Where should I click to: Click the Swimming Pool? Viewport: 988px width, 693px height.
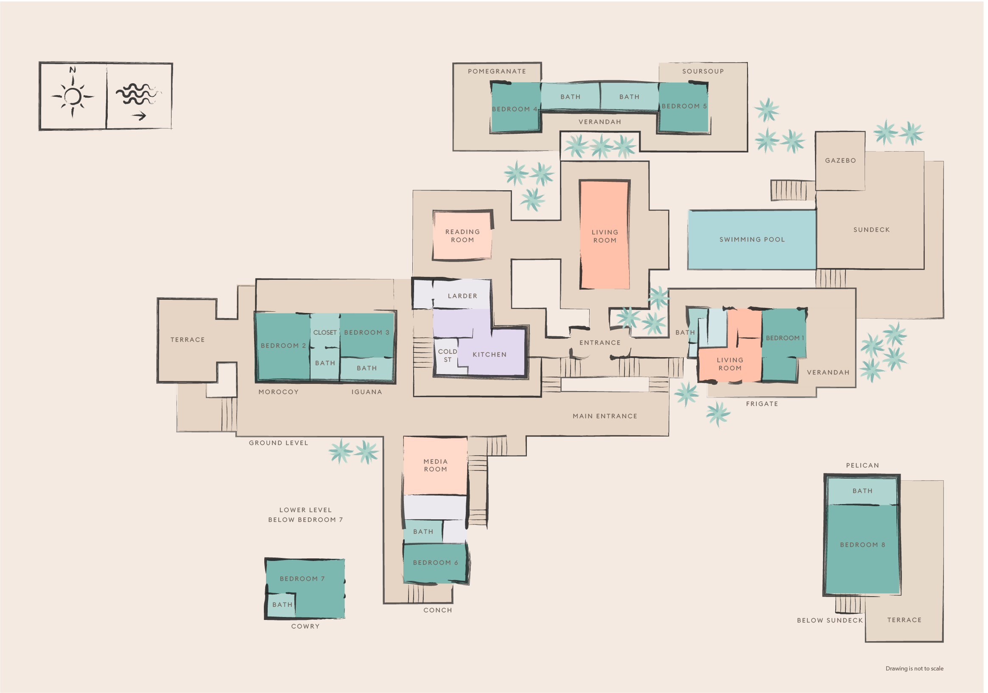click(x=752, y=240)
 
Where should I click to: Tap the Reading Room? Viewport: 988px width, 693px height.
click(x=462, y=236)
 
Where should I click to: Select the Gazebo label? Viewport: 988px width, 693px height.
click(x=840, y=161)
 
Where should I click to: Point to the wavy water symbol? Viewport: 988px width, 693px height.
click(x=137, y=94)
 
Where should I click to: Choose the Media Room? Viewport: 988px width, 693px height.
click(x=435, y=465)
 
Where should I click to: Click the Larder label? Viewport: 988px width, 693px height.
click(x=462, y=296)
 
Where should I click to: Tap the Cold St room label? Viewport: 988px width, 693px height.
click(x=448, y=355)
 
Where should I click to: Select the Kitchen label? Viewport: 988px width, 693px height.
click(x=489, y=355)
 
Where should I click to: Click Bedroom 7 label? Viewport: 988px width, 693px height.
click(x=302, y=578)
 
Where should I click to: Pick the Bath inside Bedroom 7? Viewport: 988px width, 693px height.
click(x=282, y=605)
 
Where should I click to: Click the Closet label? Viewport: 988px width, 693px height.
click(x=325, y=332)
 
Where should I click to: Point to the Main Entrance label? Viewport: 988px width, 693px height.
click(x=605, y=416)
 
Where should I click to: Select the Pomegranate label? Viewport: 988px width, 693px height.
click(x=497, y=71)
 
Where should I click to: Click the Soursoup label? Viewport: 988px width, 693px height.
click(x=703, y=71)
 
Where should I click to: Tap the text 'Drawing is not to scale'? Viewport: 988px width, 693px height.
click(x=915, y=668)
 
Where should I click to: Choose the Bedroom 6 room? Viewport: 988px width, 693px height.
click(x=435, y=563)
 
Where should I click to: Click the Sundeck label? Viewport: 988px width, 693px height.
click(x=871, y=230)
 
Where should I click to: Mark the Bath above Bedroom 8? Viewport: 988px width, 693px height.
click(x=862, y=490)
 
